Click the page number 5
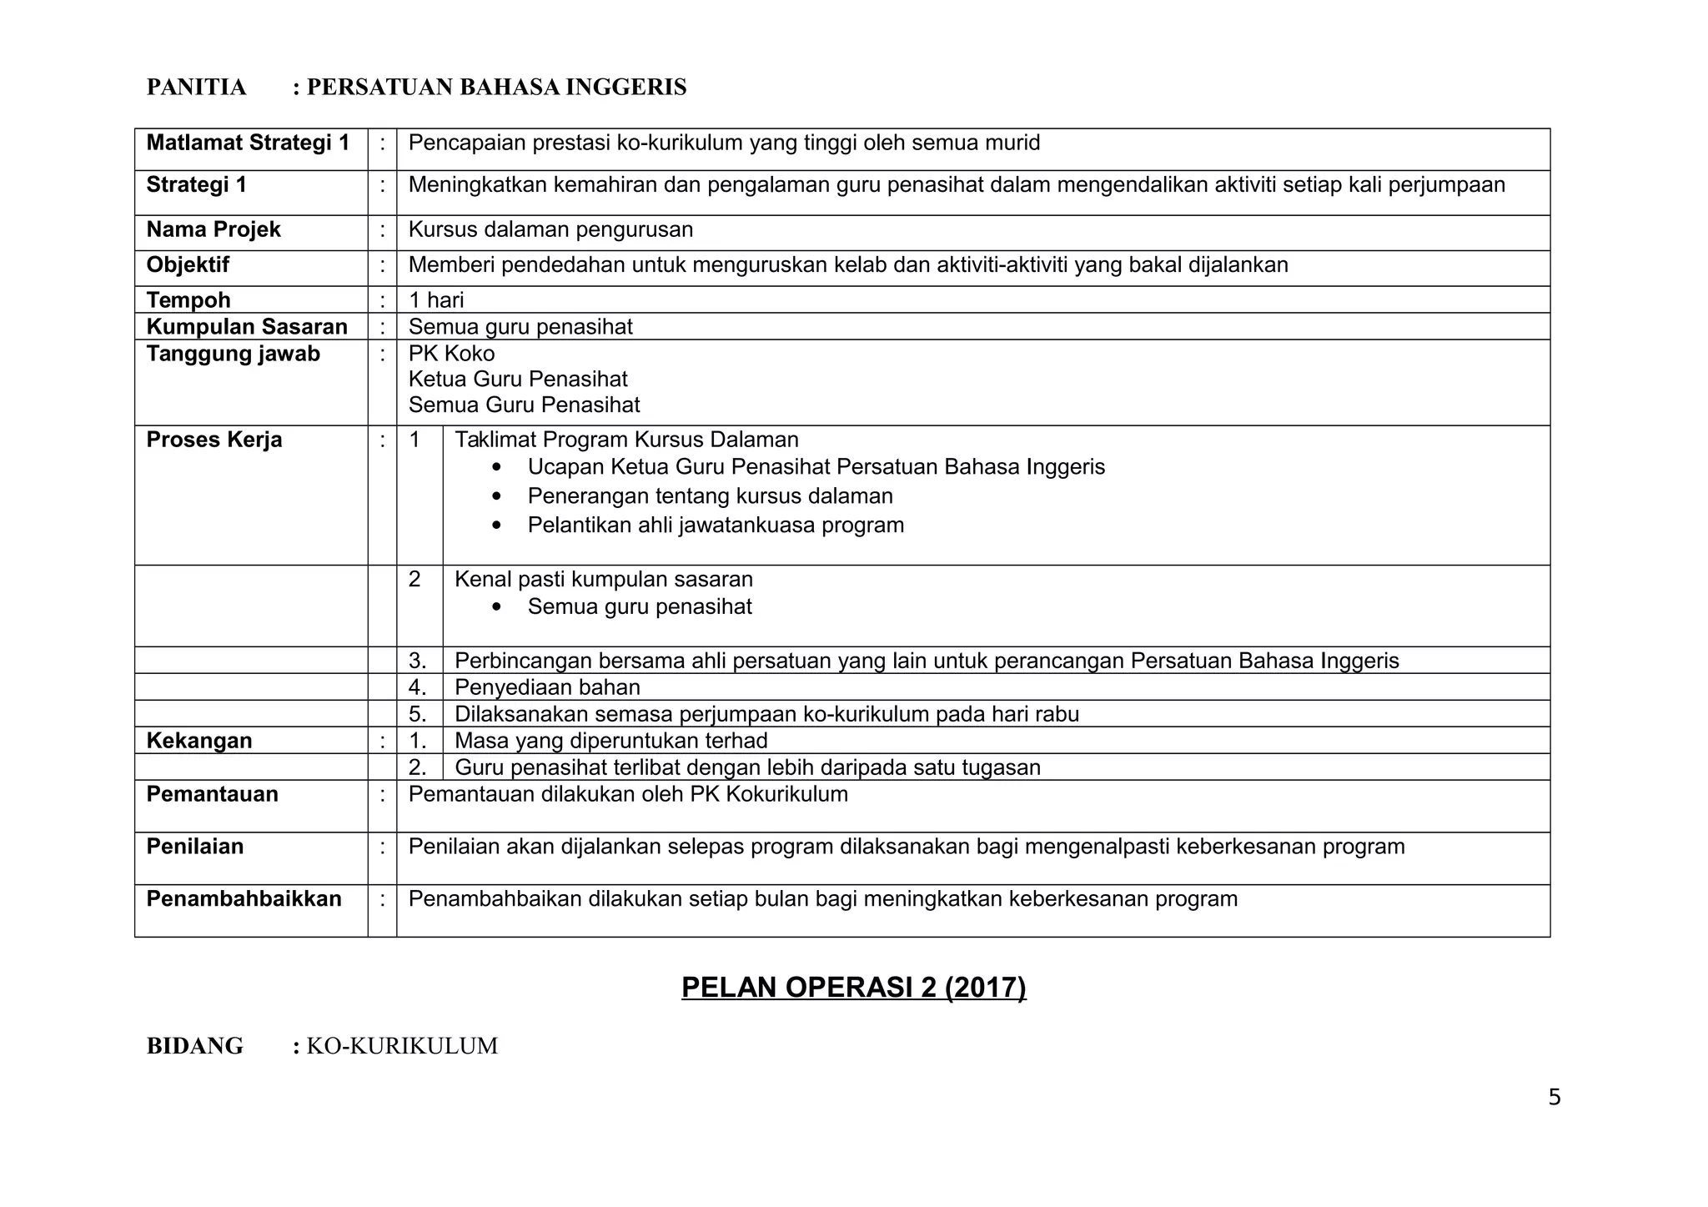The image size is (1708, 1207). (x=1554, y=1098)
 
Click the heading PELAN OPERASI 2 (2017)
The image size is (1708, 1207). (x=853, y=988)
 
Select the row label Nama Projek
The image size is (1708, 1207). (x=213, y=230)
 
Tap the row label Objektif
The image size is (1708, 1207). (x=188, y=265)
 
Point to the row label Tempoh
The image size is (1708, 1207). (x=188, y=300)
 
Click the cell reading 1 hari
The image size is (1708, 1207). (x=436, y=300)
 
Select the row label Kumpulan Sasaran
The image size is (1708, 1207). (x=247, y=327)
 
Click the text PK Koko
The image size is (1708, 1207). (x=451, y=354)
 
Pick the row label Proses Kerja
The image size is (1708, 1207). (x=214, y=440)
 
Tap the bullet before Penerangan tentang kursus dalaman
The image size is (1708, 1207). (x=498, y=496)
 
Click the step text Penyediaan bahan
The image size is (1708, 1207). (x=547, y=687)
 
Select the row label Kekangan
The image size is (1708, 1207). (x=199, y=741)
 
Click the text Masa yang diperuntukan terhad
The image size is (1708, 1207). (x=611, y=741)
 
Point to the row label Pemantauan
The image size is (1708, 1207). (x=213, y=794)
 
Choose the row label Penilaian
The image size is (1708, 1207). (x=195, y=847)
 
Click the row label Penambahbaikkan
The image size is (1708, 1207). (x=244, y=899)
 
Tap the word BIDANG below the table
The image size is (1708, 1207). (x=195, y=1046)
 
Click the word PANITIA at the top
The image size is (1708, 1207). (x=197, y=88)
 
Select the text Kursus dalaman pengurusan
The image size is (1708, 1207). (x=550, y=230)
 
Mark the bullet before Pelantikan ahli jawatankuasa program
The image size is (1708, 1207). (x=498, y=526)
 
